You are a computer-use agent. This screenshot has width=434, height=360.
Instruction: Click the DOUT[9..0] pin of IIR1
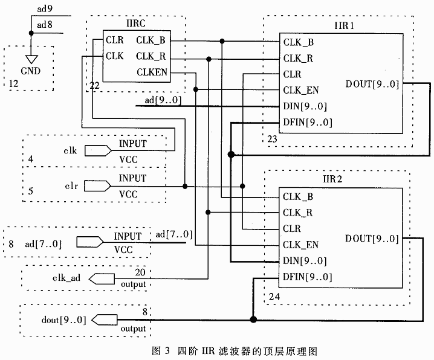[x=372, y=84]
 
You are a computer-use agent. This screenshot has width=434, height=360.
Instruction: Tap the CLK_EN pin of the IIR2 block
[x=300, y=245]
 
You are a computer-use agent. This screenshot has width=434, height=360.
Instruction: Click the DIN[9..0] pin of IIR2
[x=304, y=261]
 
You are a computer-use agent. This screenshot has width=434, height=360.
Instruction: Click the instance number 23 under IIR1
[x=273, y=138]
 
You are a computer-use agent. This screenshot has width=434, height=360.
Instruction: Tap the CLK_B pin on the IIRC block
[x=151, y=41]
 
